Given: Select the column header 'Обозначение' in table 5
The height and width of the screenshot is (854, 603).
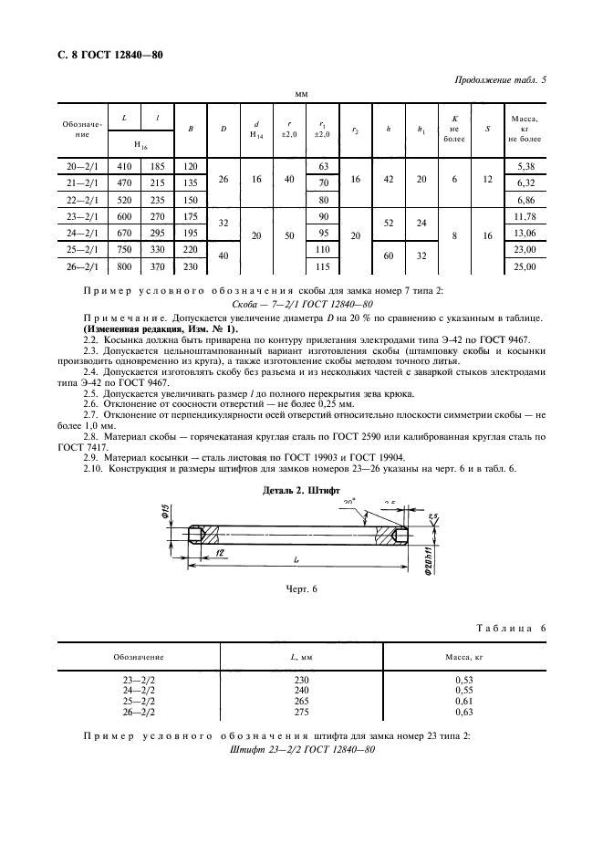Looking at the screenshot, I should coord(83,129).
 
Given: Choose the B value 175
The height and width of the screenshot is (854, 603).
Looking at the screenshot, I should coord(191,216).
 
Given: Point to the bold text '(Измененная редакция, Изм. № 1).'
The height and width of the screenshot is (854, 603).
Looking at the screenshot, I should coord(160,328).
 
